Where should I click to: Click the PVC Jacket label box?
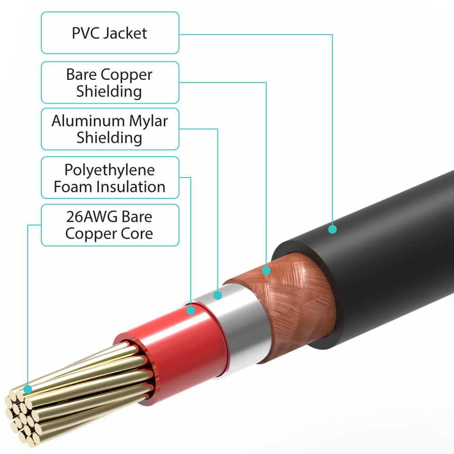[x=110, y=33]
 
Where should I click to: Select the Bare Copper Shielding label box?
[x=110, y=83]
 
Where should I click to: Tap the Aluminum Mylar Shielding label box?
[x=110, y=129]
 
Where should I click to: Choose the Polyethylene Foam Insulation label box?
[x=110, y=178]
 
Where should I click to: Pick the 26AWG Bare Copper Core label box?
[x=110, y=225]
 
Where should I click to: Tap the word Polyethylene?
[x=109, y=170]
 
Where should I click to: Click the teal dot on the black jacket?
[x=332, y=229]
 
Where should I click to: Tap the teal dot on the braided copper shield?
[x=266, y=271]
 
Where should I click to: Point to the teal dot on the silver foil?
[x=217, y=296]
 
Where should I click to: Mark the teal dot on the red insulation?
[x=191, y=311]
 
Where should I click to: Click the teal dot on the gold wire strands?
[x=28, y=389]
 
